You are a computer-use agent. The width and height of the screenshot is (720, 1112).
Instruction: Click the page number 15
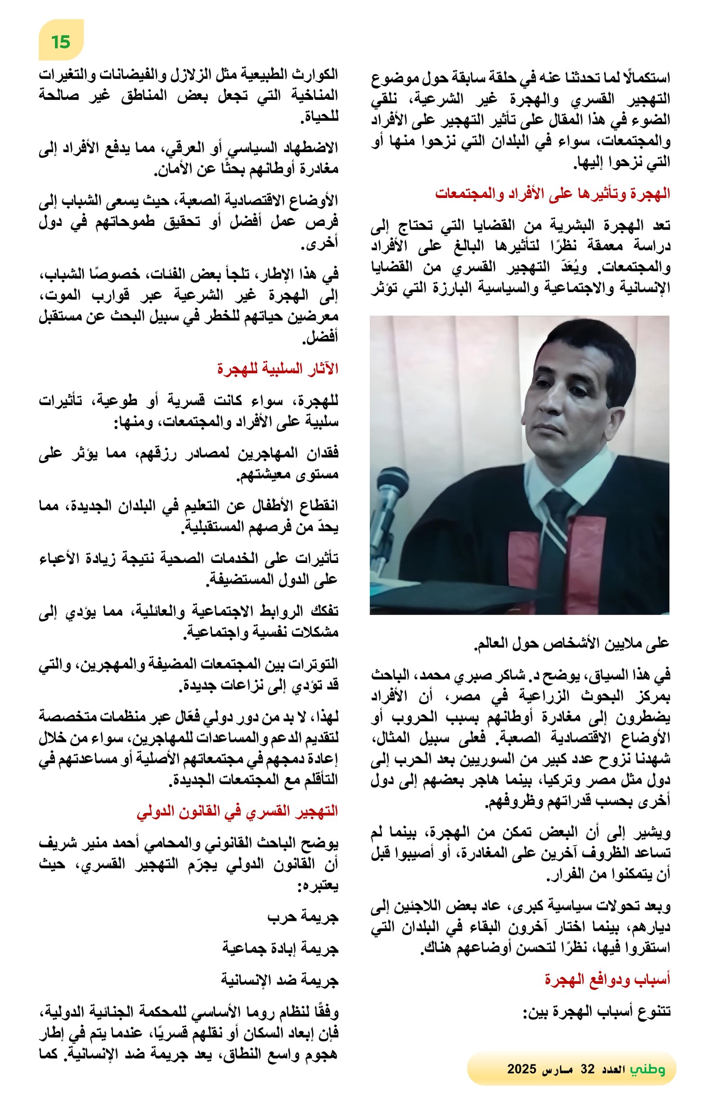(61, 41)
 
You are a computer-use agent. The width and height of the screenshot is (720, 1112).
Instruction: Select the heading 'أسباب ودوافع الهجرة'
(607, 980)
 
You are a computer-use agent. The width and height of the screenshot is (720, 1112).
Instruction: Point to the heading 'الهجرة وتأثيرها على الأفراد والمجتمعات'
(552, 193)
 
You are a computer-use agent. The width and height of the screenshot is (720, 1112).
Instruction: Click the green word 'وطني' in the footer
(647, 1068)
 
